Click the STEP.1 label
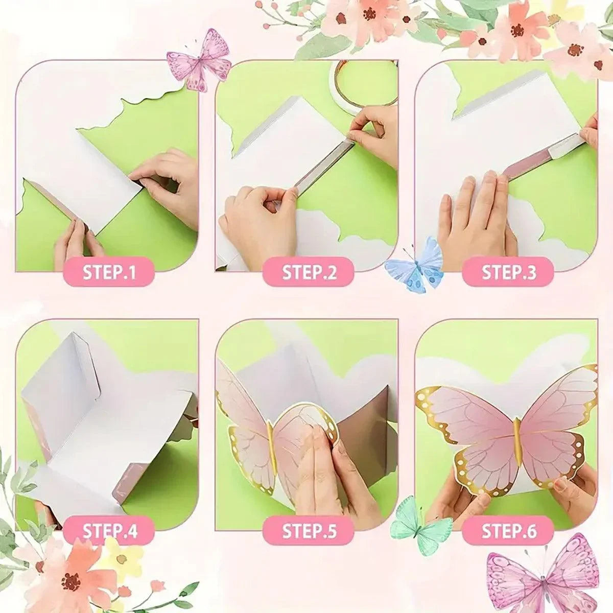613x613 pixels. pyautogui.click(x=109, y=272)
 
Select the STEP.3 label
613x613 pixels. pyautogui.click(x=508, y=272)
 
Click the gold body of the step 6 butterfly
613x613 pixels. pyautogui.click(x=516, y=441)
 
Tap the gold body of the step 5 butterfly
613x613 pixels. pyautogui.click(x=272, y=447)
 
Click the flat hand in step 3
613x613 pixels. pyautogui.click(x=473, y=215)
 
